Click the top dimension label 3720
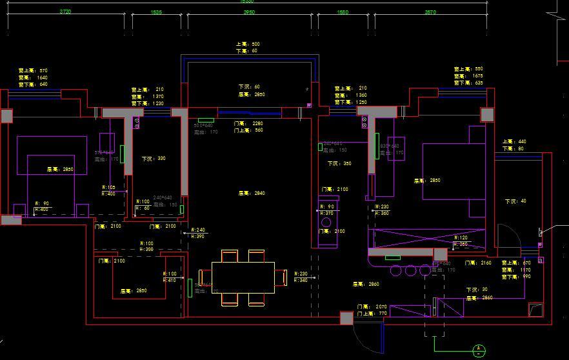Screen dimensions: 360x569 click(65, 12)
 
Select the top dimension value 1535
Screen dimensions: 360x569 click(156, 12)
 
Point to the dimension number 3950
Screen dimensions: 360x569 click(249, 12)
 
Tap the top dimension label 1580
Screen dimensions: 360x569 click(343, 12)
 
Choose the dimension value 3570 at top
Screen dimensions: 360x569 click(430, 12)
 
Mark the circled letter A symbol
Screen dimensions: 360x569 click(479, 351)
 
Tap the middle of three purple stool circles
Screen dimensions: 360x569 click(411, 270)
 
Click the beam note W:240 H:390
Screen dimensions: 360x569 click(198, 233)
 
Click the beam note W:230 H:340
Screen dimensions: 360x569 click(301, 277)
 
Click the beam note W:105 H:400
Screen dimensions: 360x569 click(109, 190)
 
